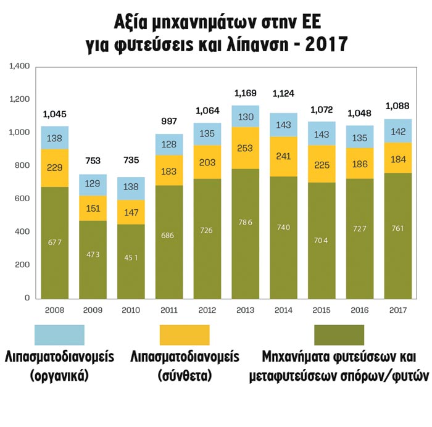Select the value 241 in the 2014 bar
coord(283,157)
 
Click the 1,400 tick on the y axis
coord(20,66)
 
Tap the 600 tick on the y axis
coord(23,199)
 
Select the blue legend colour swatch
coord(59,335)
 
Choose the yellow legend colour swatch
coord(185,335)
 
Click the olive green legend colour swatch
coord(339,335)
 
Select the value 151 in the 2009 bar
coord(93,209)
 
